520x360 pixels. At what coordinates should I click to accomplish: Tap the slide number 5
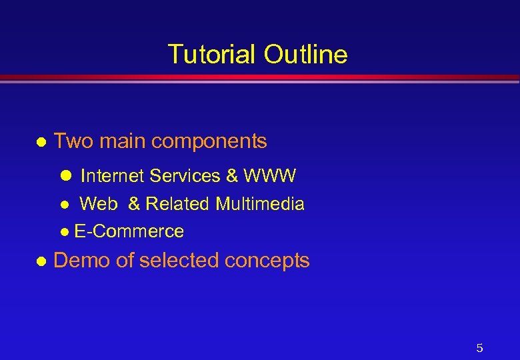479,348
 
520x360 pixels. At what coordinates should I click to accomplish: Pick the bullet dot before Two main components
41,143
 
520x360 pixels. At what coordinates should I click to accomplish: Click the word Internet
113,176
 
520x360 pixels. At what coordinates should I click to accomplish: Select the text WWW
270,176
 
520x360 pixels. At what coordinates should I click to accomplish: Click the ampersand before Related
134,204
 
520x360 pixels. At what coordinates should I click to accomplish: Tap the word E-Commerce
129,232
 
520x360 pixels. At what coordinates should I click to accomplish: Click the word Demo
82,260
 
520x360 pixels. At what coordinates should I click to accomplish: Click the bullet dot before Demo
41,261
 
